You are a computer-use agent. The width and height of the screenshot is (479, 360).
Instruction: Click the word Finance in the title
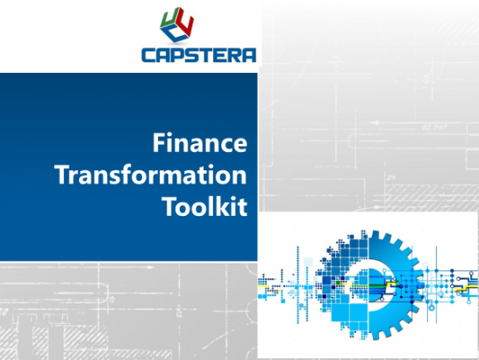(x=199, y=142)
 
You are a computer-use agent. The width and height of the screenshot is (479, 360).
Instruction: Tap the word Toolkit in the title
(x=205, y=205)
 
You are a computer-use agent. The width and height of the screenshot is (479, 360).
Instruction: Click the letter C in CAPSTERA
(x=148, y=54)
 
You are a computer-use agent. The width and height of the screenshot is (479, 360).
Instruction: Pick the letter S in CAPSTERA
(x=189, y=54)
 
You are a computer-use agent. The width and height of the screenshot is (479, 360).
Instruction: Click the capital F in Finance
(x=159, y=142)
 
